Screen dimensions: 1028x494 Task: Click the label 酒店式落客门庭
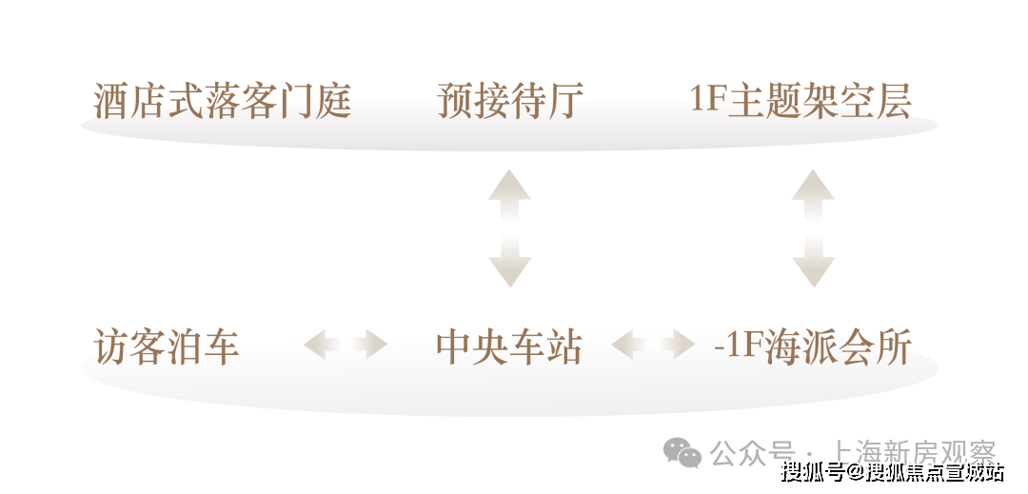pyautogui.click(x=222, y=102)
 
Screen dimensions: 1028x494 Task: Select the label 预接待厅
pyautogui.click(x=509, y=102)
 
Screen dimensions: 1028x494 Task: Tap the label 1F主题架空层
pyautogui.click(x=801, y=102)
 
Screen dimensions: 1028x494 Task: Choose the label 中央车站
pyautogui.click(x=509, y=346)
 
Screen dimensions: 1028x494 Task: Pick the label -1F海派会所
pyautogui.click(x=812, y=346)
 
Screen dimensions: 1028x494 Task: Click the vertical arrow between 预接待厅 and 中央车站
pyautogui.click(x=509, y=228)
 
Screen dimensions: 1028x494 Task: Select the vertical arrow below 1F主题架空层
pyautogui.click(x=814, y=228)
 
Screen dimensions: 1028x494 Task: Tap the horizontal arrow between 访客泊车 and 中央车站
pyautogui.click(x=346, y=344)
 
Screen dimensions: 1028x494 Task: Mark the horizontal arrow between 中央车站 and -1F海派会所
pyautogui.click(x=653, y=344)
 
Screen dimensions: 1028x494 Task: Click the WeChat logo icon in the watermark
pyautogui.click(x=682, y=453)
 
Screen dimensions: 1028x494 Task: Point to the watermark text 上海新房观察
pyautogui.click(x=913, y=452)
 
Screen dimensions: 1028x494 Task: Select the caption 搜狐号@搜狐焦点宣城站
pyautogui.click(x=892, y=470)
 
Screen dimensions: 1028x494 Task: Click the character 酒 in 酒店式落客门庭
pyautogui.click(x=111, y=102)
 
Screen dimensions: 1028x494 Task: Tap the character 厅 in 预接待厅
pyautogui.click(x=564, y=102)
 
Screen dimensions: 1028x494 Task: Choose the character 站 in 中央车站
pyautogui.click(x=564, y=346)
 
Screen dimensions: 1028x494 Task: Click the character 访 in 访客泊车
pyautogui.click(x=111, y=346)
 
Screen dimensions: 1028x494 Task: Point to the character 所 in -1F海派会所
pyautogui.click(x=894, y=346)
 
